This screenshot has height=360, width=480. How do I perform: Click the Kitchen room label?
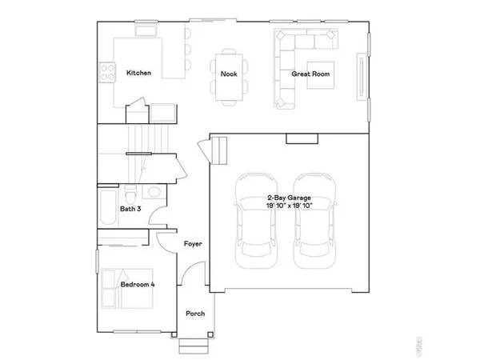point(139,74)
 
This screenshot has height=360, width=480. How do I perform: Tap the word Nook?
point(230,74)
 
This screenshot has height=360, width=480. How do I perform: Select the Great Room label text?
point(310,74)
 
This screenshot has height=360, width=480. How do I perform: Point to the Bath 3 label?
point(131,210)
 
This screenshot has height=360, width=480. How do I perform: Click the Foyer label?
point(192,244)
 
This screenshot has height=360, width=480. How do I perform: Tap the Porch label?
point(194,314)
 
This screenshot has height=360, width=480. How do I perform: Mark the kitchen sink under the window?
point(146,32)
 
